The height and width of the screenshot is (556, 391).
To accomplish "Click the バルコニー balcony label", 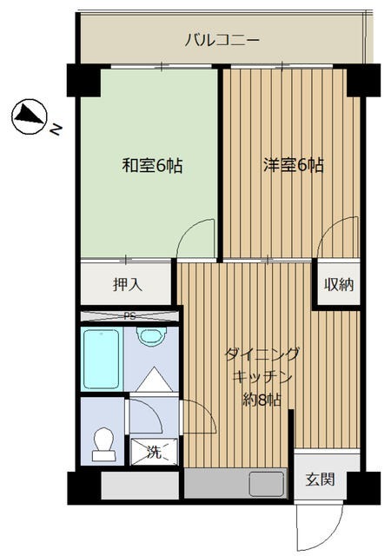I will point(222,39).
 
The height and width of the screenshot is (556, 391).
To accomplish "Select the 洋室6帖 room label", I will point(293,165).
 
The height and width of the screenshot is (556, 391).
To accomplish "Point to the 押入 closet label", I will point(127,284).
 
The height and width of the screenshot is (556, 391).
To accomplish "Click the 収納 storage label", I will point(338,284).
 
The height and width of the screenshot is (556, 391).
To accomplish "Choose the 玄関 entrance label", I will point(318,480).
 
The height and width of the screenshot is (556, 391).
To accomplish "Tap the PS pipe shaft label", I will point(129,316).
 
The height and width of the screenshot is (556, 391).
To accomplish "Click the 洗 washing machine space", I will point(154,452).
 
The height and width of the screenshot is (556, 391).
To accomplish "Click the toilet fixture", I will point(103,443).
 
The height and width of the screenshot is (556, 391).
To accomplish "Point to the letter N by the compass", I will point(55,131).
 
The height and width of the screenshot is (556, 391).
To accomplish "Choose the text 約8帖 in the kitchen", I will point(261,400).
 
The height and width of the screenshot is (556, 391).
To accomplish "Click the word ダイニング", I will point(262,354).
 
